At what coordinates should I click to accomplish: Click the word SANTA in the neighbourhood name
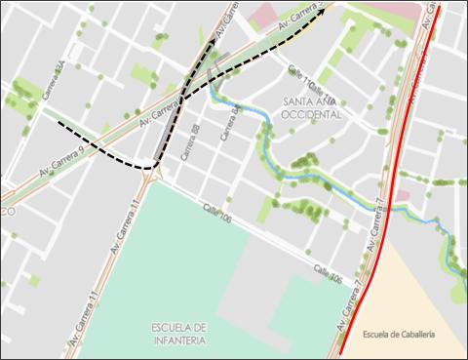[x=299, y=101]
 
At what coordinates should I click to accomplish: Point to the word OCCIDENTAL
[x=312, y=114]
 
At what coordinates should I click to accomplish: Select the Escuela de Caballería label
[x=398, y=335]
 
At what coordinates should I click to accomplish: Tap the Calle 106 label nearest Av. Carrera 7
[x=328, y=277]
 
